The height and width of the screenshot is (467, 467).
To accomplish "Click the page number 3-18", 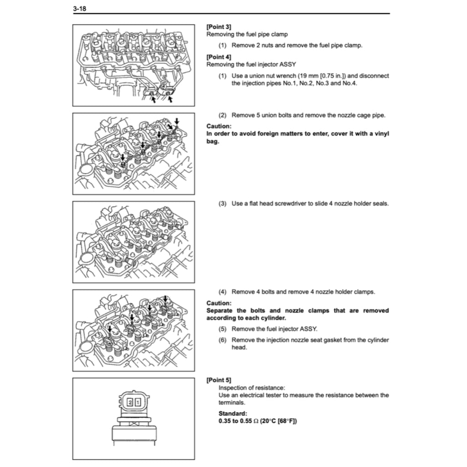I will tap(80, 9).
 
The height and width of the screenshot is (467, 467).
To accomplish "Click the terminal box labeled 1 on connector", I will tap(137, 402).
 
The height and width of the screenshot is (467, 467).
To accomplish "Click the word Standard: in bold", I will tap(233, 414).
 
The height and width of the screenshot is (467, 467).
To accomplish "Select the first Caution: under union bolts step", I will tap(218, 126).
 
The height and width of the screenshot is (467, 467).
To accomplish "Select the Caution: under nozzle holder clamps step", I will tap(218, 303).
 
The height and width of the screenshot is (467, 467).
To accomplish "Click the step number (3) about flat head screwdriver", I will tap(222, 203).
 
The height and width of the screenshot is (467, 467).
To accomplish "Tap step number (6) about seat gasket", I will tap(222, 340).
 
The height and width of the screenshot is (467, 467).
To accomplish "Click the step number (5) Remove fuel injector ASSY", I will tap(222, 329).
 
